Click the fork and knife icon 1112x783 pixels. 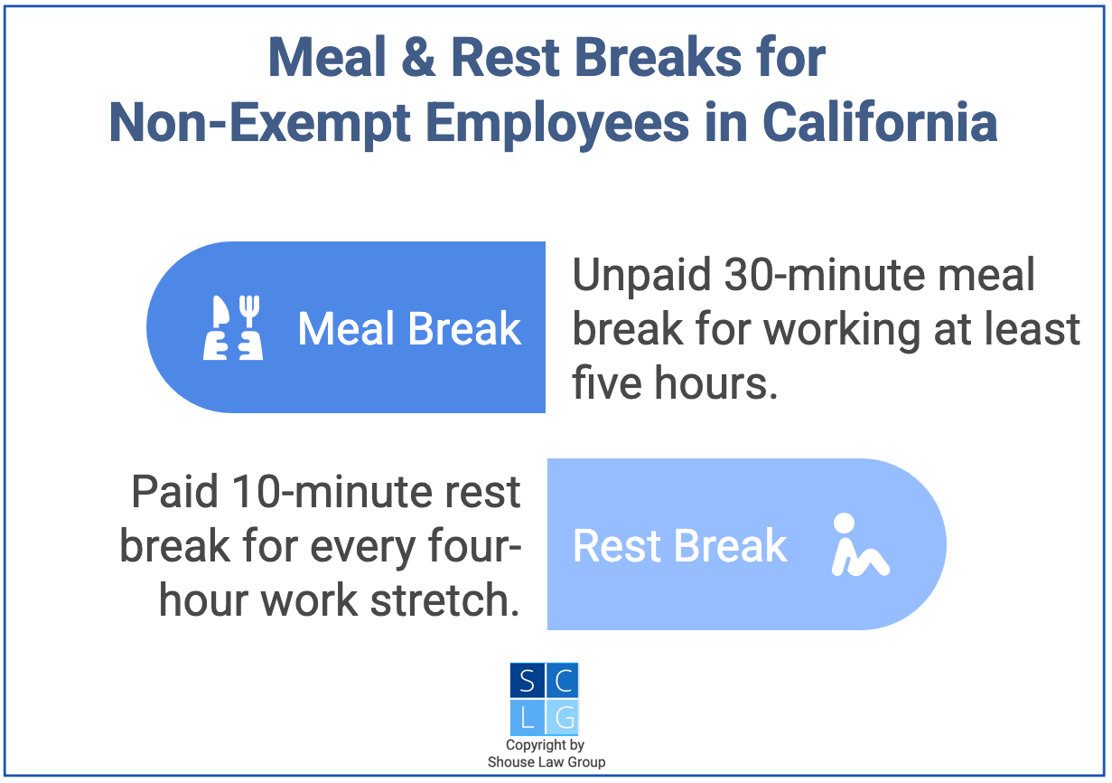(232, 328)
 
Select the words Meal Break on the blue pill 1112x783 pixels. (409, 329)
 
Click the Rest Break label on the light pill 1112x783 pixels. (680, 546)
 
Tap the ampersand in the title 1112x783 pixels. (411, 59)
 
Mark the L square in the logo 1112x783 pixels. (527, 718)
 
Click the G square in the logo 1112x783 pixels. (562, 718)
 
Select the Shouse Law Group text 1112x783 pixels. (546, 762)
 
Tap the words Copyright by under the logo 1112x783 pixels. (545, 746)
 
